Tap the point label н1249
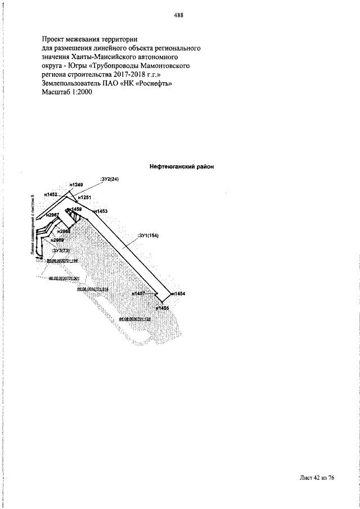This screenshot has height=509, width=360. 76,184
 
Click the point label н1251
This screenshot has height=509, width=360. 84,197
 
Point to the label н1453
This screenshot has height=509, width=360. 100,211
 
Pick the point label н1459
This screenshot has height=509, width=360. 75,209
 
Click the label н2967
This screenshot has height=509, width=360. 52,215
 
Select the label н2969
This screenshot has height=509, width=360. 57,240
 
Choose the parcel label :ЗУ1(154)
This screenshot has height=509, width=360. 148,236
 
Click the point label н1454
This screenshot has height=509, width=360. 179,294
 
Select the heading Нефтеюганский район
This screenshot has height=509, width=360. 182,166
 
